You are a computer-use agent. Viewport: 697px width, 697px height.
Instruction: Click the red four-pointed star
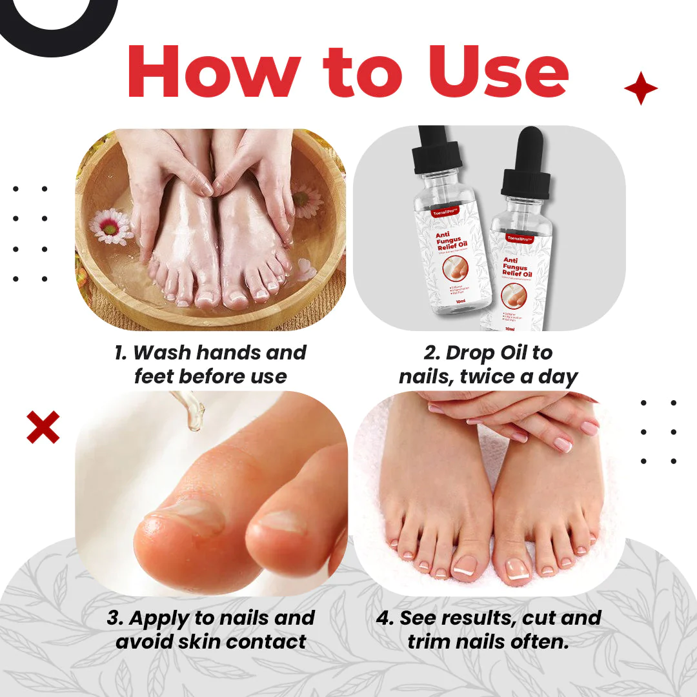click(640, 89)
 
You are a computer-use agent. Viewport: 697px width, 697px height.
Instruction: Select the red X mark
click(43, 427)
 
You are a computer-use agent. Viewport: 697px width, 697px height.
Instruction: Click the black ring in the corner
click(58, 13)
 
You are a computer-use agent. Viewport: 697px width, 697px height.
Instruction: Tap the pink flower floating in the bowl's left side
click(111, 225)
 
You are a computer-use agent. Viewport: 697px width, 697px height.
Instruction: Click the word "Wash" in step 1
click(161, 353)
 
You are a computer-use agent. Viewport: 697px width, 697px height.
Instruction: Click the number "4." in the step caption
click(385, 618)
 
